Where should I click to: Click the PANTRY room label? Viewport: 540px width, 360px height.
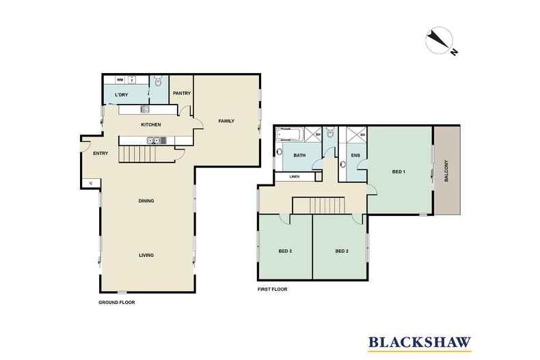(x=181, y=94)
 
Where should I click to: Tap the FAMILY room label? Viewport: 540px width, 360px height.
(x=226, y=121)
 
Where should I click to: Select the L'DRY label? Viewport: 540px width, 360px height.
(x=121, y=94)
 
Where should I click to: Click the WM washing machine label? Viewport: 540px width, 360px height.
(x=119, y=80)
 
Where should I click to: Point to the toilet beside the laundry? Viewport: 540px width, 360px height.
(x=157, y=82)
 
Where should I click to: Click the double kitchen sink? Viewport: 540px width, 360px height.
(x=155, y=141)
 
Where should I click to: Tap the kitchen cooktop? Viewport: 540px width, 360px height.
(x=145, y=109)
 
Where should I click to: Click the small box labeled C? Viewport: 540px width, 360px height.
(x=91, y=182)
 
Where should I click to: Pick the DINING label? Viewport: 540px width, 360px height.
(x=146, y=201)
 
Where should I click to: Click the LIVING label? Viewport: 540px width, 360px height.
(x=146, y=255)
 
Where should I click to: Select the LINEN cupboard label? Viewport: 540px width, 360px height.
(x=295, y=177)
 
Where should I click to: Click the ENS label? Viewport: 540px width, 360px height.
(x=355, y=156)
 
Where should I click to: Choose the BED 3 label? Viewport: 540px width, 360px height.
(x=286, y=251)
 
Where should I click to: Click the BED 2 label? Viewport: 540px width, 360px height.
(x=342, y=251)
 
